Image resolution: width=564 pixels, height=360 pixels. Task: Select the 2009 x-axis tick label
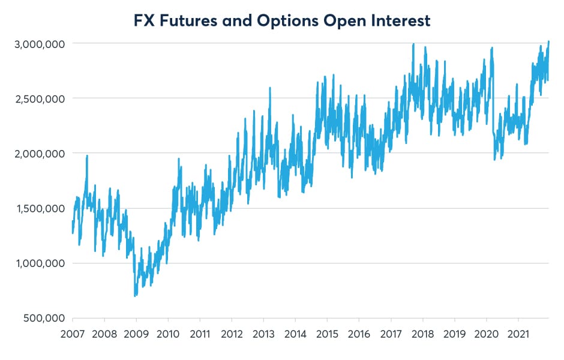[136, 334]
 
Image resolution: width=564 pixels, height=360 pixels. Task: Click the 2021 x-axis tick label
[518, 334]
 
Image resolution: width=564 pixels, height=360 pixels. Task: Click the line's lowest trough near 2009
[135, 296]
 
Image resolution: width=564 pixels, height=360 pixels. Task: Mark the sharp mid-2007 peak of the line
[87, 155]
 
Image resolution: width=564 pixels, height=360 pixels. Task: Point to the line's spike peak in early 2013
[270, 88]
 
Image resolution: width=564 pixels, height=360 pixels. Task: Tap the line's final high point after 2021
[548, 41]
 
